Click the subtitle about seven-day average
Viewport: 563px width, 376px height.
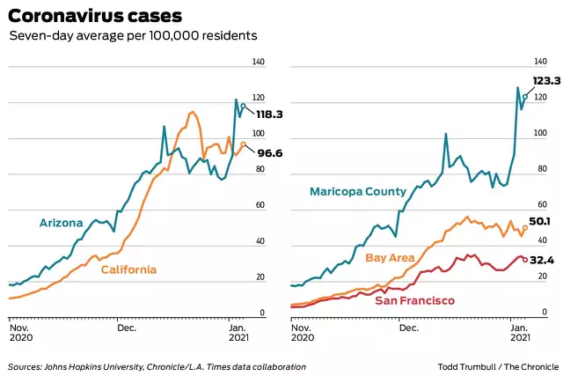click(x=133, y=37)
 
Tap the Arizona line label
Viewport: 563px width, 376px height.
click(x=62, y=223)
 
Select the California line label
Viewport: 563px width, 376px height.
click(x=128, y=269)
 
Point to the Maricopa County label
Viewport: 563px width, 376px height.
click(x=357, y=191)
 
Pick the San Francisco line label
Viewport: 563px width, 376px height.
click(x=415, y=301)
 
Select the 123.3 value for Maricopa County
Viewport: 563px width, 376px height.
click(x=545, y=81)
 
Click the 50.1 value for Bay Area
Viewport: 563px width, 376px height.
click(x=539, y=222)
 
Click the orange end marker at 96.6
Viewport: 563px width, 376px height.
click(x=243, y=144)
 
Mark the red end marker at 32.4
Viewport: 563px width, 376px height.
click(x=525, y=259)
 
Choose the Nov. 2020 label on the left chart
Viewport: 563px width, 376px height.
click(x=21, y=333)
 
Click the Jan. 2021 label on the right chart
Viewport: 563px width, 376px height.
click(x=521, y=333)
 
